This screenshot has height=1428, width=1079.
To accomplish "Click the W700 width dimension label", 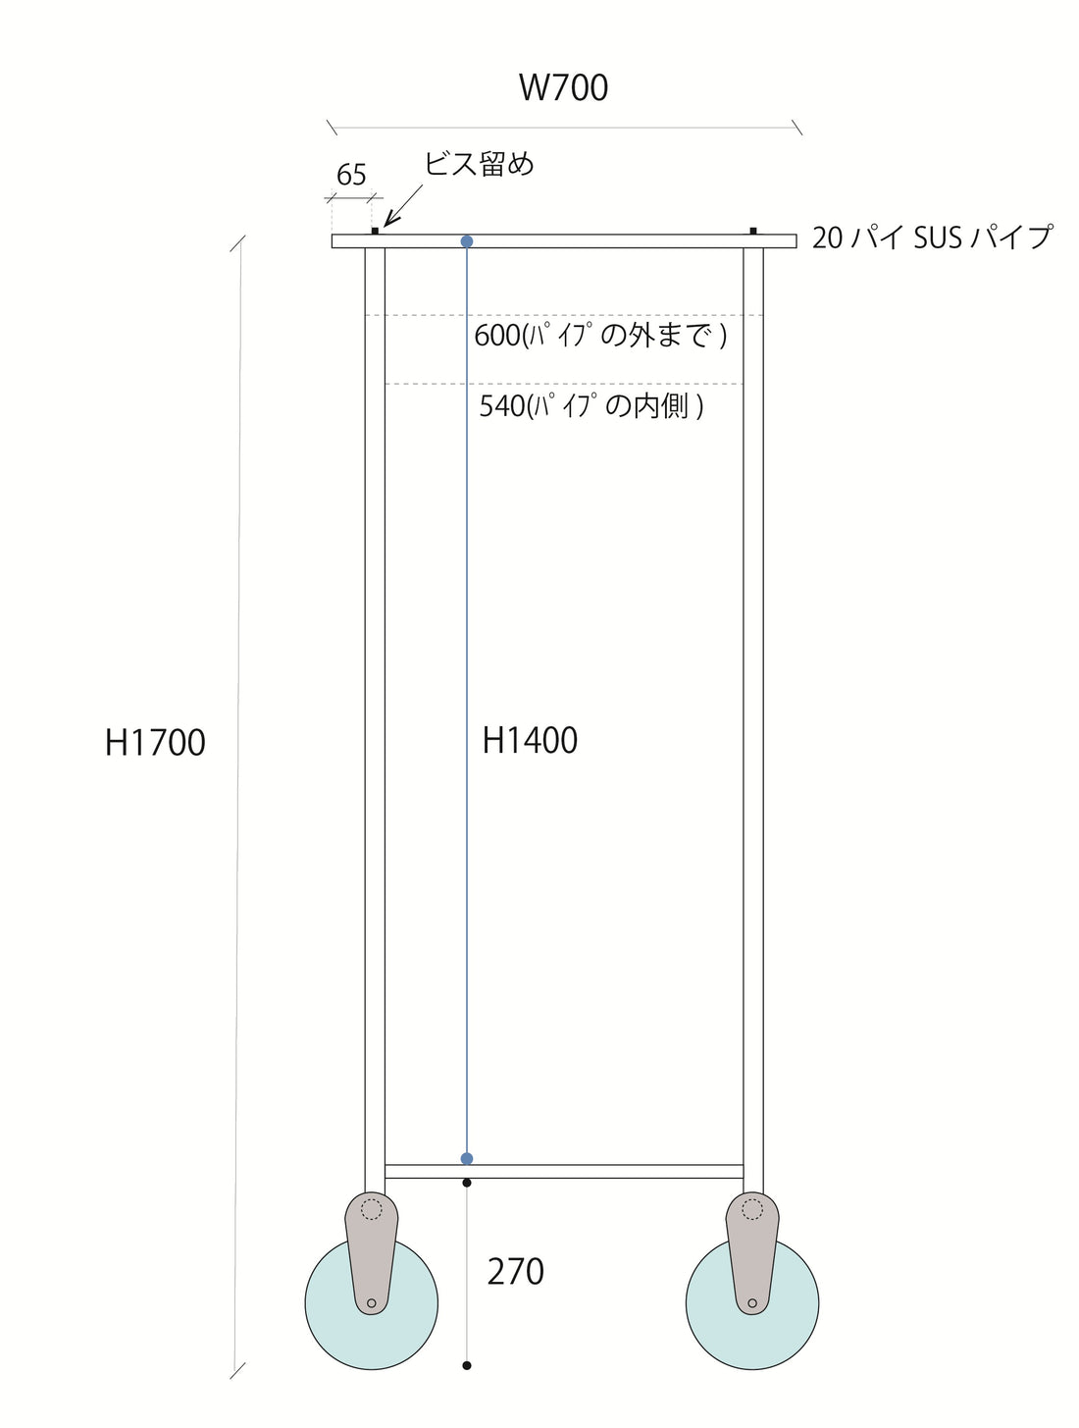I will click(563, 88).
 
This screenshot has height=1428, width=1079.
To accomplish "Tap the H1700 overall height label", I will click(155, 743).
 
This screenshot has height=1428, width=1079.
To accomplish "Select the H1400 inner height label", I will click(530, 740).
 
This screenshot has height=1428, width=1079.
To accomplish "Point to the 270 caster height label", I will click(515, 1272).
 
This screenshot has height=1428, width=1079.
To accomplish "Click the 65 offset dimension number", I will click(351, 176).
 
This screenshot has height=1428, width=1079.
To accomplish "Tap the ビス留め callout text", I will click(479, 164).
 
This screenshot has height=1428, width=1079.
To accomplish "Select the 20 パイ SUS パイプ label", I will click(931, 238).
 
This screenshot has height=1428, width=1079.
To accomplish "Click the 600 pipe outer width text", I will click(600, 336).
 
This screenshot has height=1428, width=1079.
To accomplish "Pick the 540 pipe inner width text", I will click(591, 405).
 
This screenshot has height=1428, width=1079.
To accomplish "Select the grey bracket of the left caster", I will click(371, 1256).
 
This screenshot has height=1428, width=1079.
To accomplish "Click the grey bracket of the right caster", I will click(752, 1256).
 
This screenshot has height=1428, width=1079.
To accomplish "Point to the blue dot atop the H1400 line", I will click(467, 241).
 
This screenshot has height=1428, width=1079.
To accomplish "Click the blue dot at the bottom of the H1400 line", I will click(467, 1159).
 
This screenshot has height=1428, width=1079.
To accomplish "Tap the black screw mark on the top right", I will click(753, 231).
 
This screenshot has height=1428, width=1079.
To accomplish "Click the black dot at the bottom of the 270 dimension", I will click(467, 1365).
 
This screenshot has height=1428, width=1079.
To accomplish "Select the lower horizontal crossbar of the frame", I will click(564, 1171).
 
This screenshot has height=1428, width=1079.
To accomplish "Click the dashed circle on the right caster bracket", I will click(752, 1209).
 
